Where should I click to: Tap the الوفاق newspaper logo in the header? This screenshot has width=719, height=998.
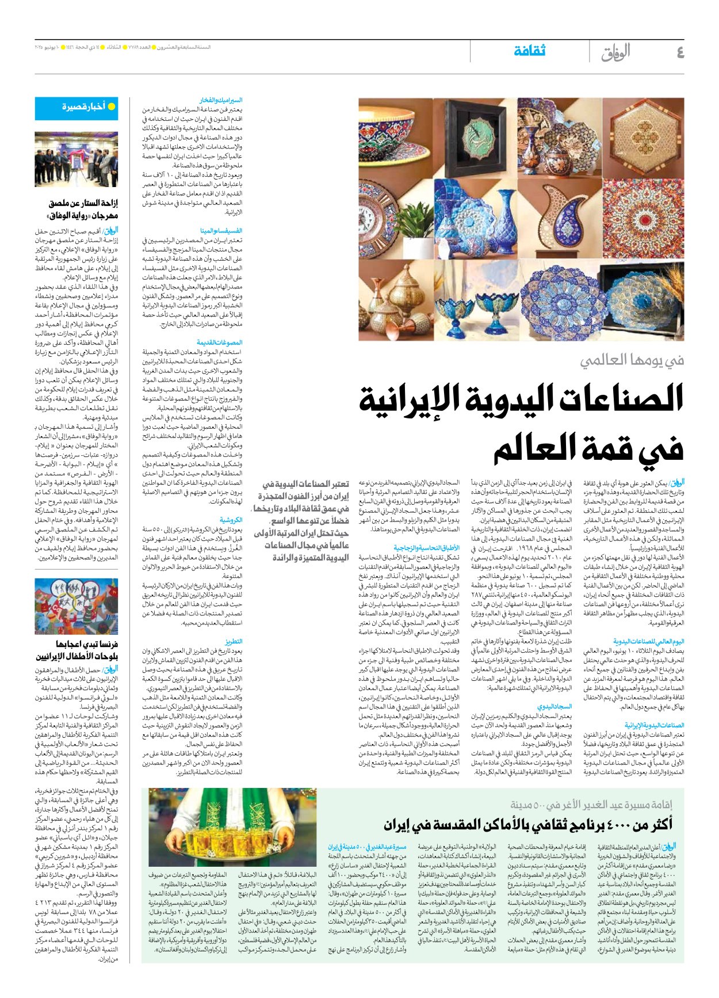(x=615, y=52)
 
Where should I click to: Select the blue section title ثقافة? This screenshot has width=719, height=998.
(x=529, y=51)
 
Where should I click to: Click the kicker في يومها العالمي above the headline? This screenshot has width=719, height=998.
(x=632, y=360)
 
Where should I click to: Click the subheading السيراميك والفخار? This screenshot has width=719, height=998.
(x=221, y=101)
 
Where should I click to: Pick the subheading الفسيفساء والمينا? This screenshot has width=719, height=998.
(x=221, y=231)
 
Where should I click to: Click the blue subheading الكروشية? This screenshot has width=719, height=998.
(x=231, y=520)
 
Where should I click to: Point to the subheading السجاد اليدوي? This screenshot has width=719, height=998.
(x=554, y=706)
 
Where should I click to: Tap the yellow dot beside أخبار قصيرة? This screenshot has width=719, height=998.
(x=112, y=106)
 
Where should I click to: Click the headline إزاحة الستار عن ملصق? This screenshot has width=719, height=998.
(x=83, y=203)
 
